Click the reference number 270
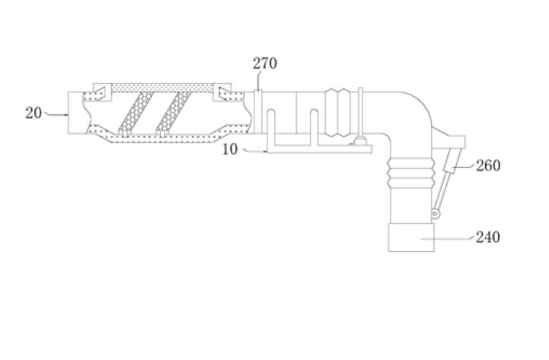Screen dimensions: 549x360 coord(265,63)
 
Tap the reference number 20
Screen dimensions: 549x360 coord(34,113)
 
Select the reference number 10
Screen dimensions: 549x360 coord(230,149)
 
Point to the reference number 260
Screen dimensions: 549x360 coord(488,165)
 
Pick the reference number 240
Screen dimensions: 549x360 coord(488,237)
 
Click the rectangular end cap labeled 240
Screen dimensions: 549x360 coord(411,237)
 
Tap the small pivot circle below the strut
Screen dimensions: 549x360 coord(436,213)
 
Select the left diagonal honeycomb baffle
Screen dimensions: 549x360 coord(136,113)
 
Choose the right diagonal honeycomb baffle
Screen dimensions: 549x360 coord(173,113)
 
